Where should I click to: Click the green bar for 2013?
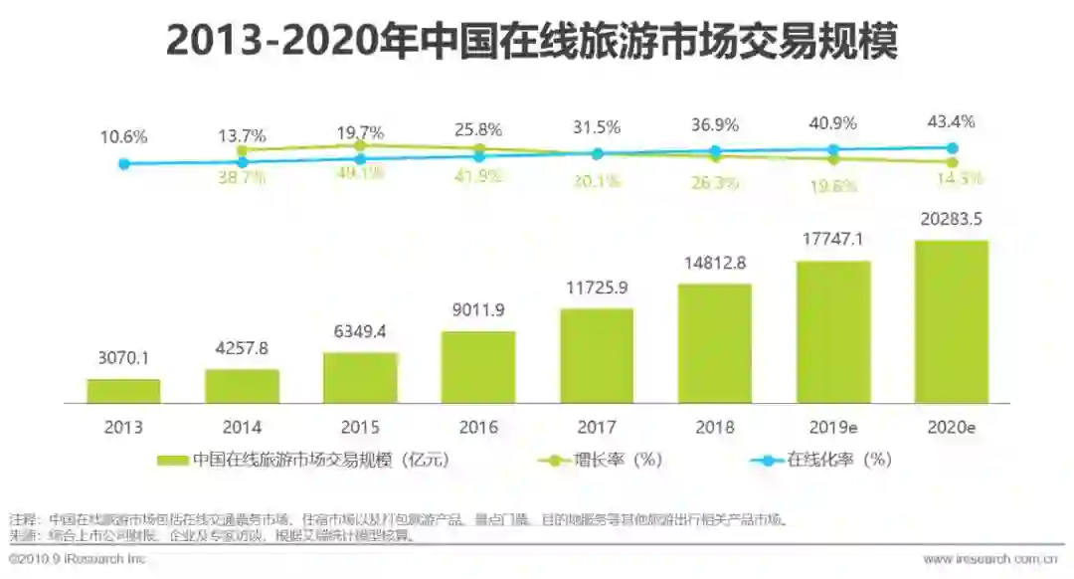[123, 391]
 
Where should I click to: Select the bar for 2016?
[478, 367]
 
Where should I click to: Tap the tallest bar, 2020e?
[952, 321]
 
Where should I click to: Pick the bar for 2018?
[715, 343]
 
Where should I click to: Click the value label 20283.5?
[951, 219]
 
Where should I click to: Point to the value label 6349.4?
[360, 331]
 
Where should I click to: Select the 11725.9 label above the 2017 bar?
[597, 288]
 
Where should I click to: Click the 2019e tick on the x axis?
[833, 427]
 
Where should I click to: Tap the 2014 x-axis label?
[242, 427]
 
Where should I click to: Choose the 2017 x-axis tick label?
[597, 427]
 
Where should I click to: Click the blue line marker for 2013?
[123, 164]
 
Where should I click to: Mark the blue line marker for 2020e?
[952, 148]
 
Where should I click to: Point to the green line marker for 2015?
[360, 145]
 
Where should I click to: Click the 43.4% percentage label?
[952, 121]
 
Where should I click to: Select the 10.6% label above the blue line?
[123, 137]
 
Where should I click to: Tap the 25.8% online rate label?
[478, 129]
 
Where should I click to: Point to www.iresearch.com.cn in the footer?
[989, 560]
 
